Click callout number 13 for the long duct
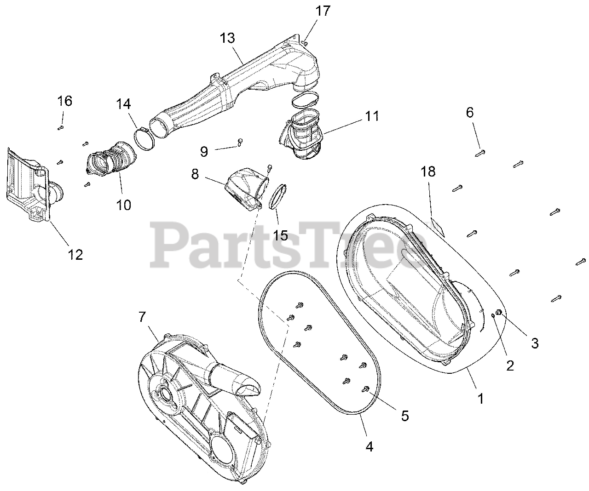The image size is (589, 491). pos(227,38)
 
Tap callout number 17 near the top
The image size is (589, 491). pos(323,11)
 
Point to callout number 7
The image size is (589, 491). pos(142,316)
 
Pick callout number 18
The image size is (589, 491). pos(428,171)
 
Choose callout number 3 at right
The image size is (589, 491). pos(535,343)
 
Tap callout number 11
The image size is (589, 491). pos(372,116)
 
